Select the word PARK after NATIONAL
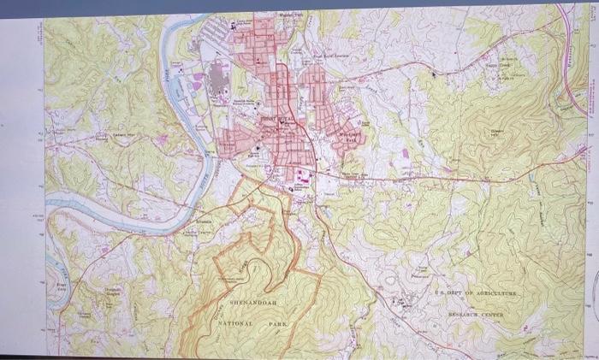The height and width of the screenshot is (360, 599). (277, 325)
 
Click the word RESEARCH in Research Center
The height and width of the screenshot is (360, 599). (467, 315)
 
